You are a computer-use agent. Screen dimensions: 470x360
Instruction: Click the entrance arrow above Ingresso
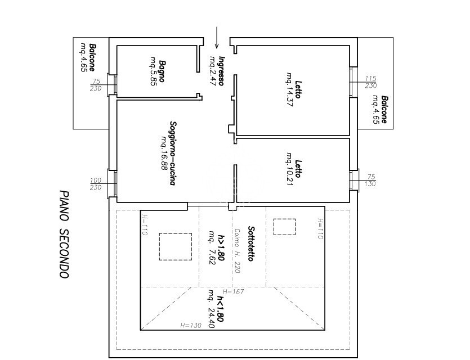pyautogui.click(x=217, y=38)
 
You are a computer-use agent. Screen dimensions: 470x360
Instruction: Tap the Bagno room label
pyautogui.click(x=162, y=71)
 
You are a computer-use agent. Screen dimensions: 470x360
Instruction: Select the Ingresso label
pyautogui.click(x=222, y=71)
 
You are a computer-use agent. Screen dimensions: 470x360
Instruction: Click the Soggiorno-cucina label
pyautogui.click(x=172, y=154)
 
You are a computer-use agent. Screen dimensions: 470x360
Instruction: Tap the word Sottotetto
pyautogui.click(x=251, y=244)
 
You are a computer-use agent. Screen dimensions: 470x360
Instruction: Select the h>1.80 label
pyautogui.click(x=221, y=247)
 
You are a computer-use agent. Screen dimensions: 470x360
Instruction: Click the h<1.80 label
pyautogui.click(x=220, y=309)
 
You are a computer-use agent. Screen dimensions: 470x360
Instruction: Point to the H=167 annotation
pyautogui.click(x=233, y=292)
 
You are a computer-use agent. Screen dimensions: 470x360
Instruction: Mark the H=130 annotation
pyautogui.click(x=191, y=325)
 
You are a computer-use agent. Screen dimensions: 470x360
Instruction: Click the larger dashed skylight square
pyautogui.click(x=176, y=246)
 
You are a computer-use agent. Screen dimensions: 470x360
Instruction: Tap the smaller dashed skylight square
pyautogui.click(x=284, y=227)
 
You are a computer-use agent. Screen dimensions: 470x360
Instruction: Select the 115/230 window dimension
pyautogui.click(x=371, y=82)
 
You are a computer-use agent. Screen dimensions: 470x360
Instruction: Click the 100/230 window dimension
pyautogui.click(x=96, y=184)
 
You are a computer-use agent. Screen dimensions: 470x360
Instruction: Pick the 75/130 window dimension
pyautogui.click(x=371, y=181)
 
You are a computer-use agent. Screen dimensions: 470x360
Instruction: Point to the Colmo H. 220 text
pyautogui.click(x=237, y=251)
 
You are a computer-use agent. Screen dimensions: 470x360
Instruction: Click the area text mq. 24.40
pyautogui.click(x=212, y=309)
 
